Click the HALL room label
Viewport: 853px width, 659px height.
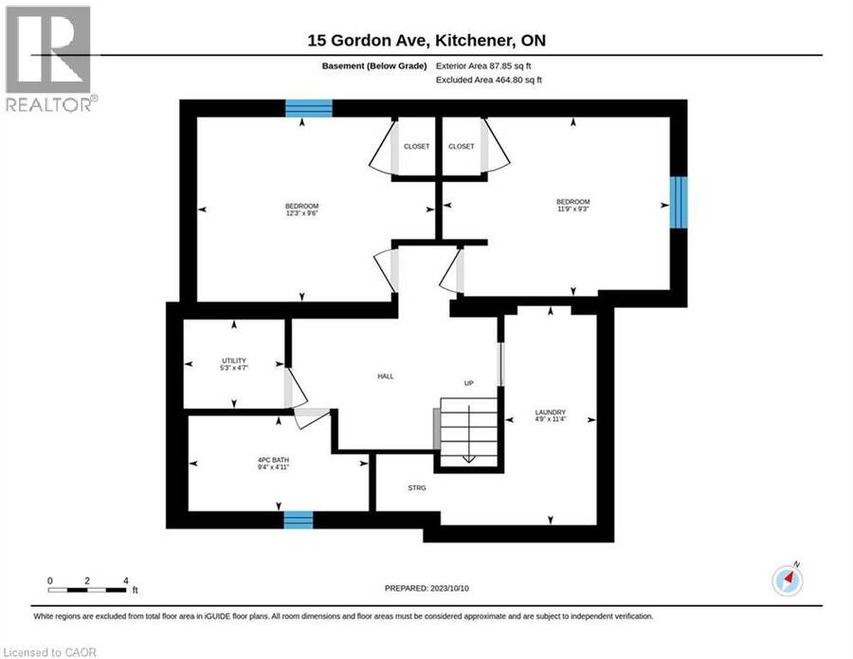pos(386,376)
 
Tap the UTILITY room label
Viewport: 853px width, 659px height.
pos(234,360)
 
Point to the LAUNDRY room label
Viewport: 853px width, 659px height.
pos(551,412)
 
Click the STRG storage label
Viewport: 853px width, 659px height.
pos(417,488)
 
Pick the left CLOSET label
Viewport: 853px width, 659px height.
pos(417,146)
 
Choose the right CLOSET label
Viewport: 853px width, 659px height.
pos(462,146)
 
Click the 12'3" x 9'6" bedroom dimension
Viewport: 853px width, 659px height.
pos(302,214)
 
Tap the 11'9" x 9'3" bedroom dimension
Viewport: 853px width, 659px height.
pos(573,209)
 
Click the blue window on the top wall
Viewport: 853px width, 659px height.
pos(309,108)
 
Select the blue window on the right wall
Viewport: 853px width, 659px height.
pos(679,202)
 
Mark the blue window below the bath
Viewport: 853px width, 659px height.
pos(299,520)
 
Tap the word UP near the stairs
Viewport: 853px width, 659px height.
pos(469,383)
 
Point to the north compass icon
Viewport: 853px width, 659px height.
pos(788,580)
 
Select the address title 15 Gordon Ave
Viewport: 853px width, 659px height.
pos(426,40)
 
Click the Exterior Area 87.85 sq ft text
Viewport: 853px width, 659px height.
pos(483,65)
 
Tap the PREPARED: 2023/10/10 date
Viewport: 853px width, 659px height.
pos(426,588)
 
